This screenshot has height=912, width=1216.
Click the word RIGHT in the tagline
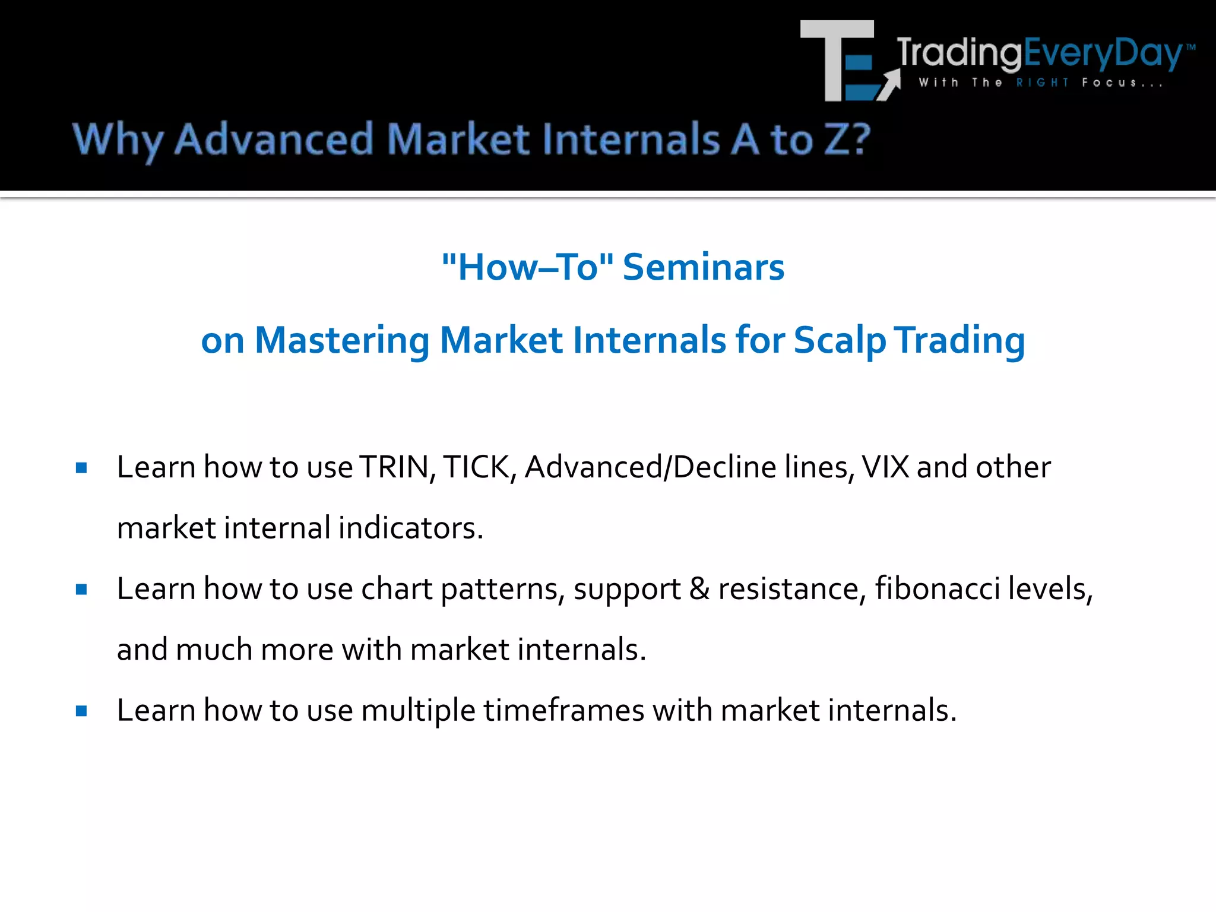[x=1042, y=83]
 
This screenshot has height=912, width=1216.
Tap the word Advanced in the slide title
[x=274, y=140]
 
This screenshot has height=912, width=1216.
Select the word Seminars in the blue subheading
[x=704, y=267]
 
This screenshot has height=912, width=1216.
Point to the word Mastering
[x=341, y=340]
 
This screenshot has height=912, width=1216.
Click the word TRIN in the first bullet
[x=395, y=467]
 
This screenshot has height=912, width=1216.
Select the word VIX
[x=885, y=467]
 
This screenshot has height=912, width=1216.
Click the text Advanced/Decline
[x=650, y=467]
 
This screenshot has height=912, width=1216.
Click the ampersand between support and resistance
[x=699, y=588]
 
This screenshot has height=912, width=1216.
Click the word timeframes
[x=563, y=710]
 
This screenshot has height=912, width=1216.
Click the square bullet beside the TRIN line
[x=82, y=468]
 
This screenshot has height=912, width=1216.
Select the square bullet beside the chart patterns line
[x=82, y=590]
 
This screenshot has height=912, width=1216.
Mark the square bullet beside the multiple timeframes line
[x=82, y=711]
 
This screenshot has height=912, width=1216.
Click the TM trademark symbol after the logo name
[x=1191, y=47]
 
